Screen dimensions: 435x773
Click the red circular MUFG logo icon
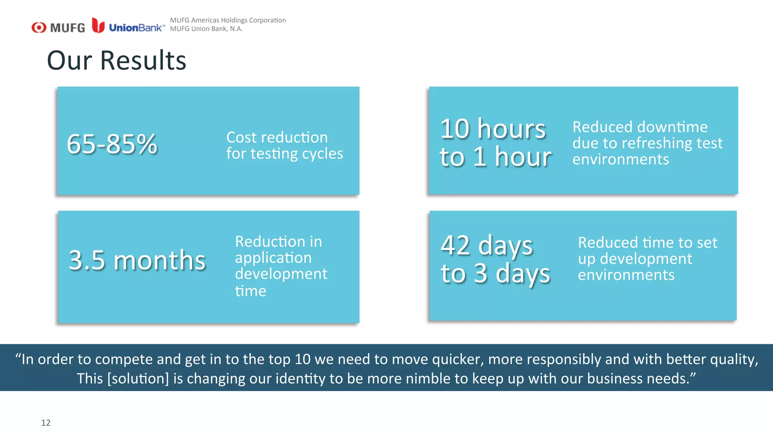pos(39,28)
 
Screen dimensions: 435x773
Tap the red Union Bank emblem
pos(98,25)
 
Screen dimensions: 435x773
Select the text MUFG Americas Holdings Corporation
pos(228,20)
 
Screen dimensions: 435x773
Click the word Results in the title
pos(143,60)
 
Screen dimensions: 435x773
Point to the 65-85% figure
pos(112,144)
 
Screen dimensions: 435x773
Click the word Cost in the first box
pos(241,137)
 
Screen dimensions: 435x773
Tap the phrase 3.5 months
pos(137,260)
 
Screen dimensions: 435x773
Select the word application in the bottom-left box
pos(273,258)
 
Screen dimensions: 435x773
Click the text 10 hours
pos(493,129)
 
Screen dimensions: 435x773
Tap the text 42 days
pos(487,245)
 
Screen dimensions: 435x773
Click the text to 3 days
pos(496,273)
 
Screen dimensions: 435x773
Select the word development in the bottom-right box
pos(646,259)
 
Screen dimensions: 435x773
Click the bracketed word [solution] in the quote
pos(138,378)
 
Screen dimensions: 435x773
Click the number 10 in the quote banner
pos(302,359)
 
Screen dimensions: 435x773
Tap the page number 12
pos(46,423)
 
